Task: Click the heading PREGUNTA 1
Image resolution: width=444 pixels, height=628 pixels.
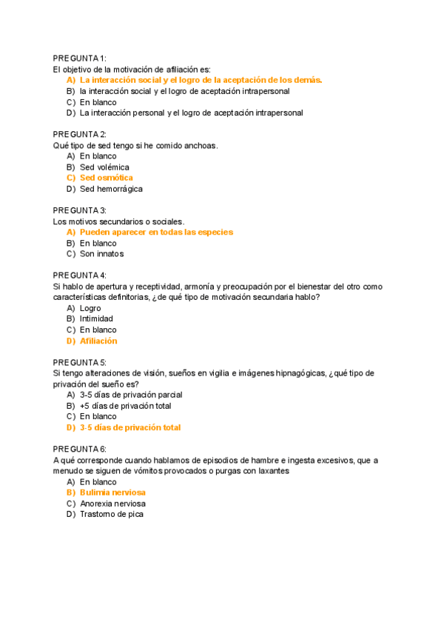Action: point(80,58)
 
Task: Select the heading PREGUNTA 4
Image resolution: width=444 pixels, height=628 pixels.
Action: point(80,275)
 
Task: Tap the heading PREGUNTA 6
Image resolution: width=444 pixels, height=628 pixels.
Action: point(80,450)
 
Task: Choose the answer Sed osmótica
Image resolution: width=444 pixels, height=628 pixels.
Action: point(106,178)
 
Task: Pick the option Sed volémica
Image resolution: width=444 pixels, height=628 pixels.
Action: point(104,167)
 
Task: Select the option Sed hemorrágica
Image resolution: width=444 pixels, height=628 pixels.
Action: point(111,189)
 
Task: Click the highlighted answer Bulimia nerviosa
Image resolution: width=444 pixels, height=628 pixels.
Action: point(112,492)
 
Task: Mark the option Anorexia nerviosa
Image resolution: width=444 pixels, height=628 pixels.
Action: point(112,504)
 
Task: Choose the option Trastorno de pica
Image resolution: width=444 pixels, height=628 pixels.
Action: point(111,514)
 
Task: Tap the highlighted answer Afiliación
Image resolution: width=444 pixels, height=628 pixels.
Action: point(98,341)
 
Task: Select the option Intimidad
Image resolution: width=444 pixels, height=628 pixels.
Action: point(96,319)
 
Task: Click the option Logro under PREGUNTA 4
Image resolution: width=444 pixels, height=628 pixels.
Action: point(90,308)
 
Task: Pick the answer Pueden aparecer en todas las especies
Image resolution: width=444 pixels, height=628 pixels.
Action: point(156,232)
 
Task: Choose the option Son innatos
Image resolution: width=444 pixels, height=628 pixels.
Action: point(101,254)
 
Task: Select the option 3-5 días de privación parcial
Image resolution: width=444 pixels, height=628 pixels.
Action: point(131,395)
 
